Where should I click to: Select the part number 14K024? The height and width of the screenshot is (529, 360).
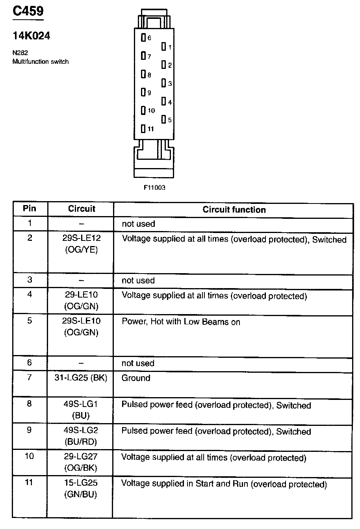click(x=31, y=36)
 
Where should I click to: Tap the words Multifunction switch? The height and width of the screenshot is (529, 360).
click(x=41, y=61)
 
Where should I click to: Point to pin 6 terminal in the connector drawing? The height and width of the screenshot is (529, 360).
click(x=143, y=38)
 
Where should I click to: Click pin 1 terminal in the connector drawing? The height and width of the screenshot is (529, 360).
click(x=164, y=47)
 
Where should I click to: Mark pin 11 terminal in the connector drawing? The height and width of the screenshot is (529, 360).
click(x=143, y=128)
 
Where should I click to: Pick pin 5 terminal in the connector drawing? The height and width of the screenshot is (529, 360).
click(x=164, y=120)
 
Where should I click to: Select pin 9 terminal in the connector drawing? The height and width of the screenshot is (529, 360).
click(x=143, y=92)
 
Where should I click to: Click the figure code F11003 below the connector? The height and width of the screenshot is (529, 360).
click(x=154, y=187)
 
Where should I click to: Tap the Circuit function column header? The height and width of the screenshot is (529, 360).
click(x=234, y=210)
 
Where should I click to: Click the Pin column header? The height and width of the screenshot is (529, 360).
click(x=30, y=208)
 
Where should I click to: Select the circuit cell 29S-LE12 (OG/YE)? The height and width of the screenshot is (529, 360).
click(x=81, y=244)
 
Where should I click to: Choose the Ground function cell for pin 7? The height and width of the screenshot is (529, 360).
click(x=136, y=378)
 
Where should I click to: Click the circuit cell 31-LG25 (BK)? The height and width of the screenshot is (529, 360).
click(x=81, y=378)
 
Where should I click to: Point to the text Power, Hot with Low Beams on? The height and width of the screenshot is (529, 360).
click(x=181, y=322)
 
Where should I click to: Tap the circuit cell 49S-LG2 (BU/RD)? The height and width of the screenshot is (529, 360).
click(x=81, y=436)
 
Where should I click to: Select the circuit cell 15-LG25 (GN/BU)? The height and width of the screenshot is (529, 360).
click(x=81, y=489)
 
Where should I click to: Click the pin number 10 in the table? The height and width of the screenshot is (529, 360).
click(x=29, y=456)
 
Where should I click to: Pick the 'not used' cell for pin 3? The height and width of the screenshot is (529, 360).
click(x=138, y=280)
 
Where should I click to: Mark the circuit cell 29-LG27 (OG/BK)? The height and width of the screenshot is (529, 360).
click(x=81, y=462)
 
